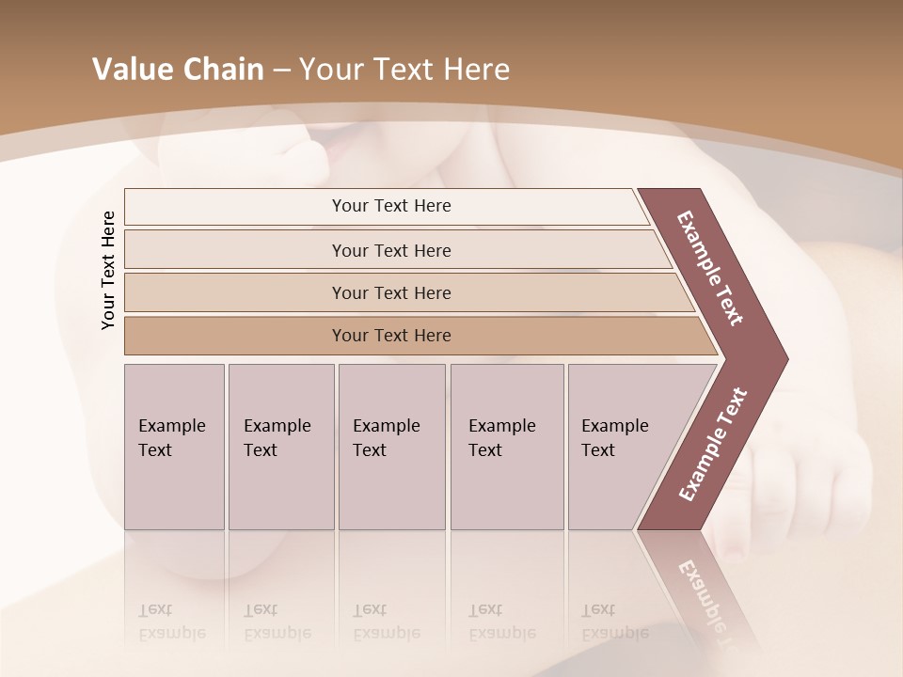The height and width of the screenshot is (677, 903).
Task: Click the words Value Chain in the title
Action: (x=178, y=70)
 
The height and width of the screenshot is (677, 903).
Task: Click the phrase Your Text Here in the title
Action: (x=404, y=70)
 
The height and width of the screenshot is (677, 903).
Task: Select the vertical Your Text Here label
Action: (x=108, y=270)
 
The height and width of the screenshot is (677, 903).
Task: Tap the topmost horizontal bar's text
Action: (x=391, y=206)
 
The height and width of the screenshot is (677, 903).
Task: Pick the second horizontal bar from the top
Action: (x=391, y=250)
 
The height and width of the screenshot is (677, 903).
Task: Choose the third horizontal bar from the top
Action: (x=391, y=293)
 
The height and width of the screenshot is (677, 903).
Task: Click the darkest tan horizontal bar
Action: (x=391, y=336)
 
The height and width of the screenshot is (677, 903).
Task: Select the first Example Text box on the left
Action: (x=174, y=446)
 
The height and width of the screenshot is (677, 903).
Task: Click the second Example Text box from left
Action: (x=280, y=446)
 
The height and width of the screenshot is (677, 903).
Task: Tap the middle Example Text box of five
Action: (x=390, y=446)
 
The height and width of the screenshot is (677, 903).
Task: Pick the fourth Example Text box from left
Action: (x=506, y=446)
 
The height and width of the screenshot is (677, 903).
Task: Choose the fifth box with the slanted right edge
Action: (x=621, y=446)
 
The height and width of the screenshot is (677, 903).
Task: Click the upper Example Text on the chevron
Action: (x=710, y=268)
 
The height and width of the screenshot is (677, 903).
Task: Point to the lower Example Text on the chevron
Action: (x=713, y=444)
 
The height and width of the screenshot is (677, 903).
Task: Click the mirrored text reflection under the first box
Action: (x=171, y=622)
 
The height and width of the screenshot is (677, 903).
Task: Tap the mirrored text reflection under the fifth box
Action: (x=615, y=622)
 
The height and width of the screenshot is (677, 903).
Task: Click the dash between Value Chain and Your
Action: (x=281, y=71)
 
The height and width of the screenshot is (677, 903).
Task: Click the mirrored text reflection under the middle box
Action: (x=386, y=622)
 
